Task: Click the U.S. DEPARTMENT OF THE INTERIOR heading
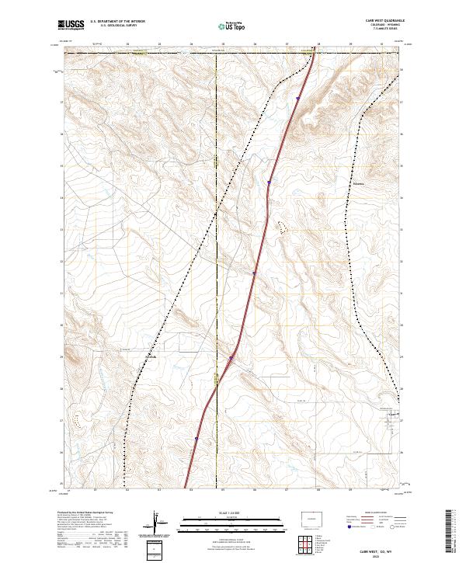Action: (x=117, y=22)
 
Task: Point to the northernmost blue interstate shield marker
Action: (x=297, y=99)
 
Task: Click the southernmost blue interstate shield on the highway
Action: (x=197, y=438)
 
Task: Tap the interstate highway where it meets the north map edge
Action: (x=314, y=53)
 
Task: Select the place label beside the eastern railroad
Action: (x=358, y=184)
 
